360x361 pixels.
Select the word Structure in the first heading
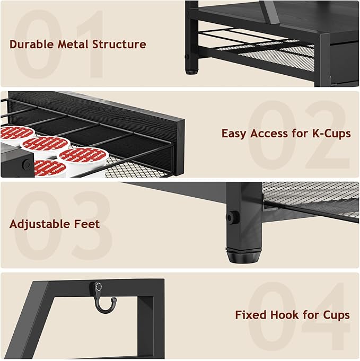[119, 44]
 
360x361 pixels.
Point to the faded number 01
[58, 45]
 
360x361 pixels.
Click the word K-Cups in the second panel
[331, 134]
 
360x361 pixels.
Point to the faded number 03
[61, 225]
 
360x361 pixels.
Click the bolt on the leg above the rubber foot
[231, 217]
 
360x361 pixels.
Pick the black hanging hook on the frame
[104, 298]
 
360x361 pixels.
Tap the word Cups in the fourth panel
[335, 315]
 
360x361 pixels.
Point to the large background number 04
[297, 315]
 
